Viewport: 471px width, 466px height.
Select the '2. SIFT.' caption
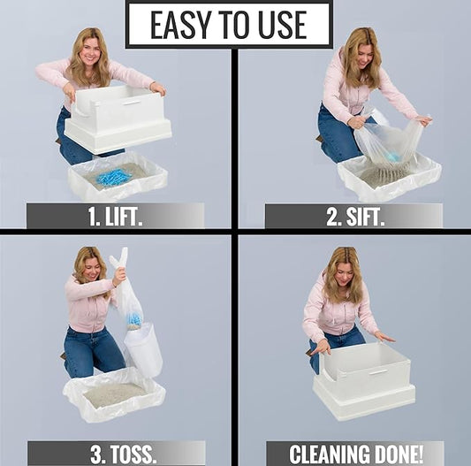click(353, 216)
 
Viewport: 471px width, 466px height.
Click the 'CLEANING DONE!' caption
click(353, 453)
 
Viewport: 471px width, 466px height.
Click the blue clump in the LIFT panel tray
click(113, 177)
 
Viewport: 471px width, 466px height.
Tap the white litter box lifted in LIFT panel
click(119, 115)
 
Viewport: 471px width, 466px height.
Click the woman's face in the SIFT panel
click(364, 57)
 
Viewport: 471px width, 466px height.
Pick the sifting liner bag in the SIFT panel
click(389, 146)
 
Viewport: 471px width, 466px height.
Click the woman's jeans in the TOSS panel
click(88, 349)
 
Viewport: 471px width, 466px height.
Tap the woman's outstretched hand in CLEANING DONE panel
click(384, 337)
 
